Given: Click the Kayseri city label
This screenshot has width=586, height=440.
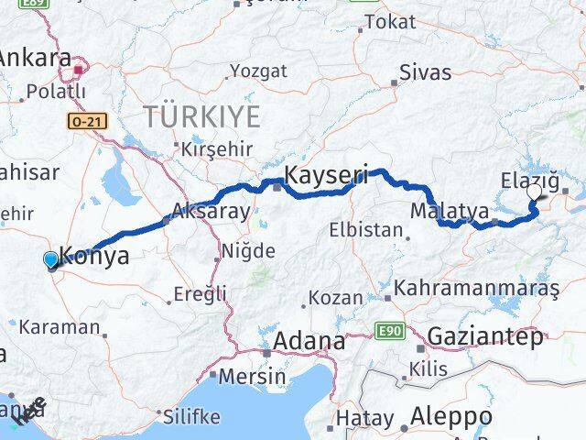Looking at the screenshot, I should click(x=327, y=173).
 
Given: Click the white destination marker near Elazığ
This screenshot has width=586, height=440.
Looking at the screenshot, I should click(x=535, y=192).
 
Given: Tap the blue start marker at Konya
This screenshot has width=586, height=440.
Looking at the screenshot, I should click(x=50, y=260).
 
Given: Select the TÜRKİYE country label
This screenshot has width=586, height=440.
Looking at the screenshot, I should click(x=201, y=116).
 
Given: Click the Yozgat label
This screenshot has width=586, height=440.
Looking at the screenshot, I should click(x=258, y=71).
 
